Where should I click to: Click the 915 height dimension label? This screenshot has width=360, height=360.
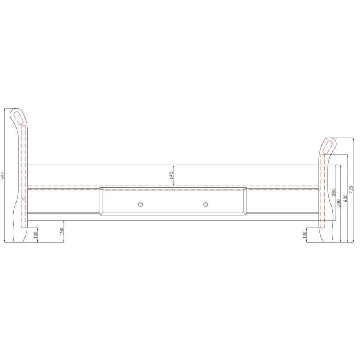pyautogui.click(x=3, y=175)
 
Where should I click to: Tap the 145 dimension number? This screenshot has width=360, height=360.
pyautogui.click(x=171, y=175)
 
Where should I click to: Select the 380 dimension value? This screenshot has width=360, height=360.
pyautogui.click(x=334, y=192)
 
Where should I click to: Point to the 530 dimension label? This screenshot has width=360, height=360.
pyautogui.click(x=338, y=203)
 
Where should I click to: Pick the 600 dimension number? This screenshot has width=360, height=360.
pyautogui.click(x=346, y=198)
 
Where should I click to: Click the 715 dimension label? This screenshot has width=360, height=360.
pyautogui.click(x=351, y=190)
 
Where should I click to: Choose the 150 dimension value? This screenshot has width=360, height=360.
pyautogui.click(x=62, y=231)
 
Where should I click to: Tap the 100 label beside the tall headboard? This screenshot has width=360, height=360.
pyautogui.click(x=35, y=235)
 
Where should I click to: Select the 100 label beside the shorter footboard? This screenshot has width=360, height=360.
pyautogui.click(x=305, y=235)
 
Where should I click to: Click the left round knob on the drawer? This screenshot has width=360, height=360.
pyautogui.click(x=140, y=204)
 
